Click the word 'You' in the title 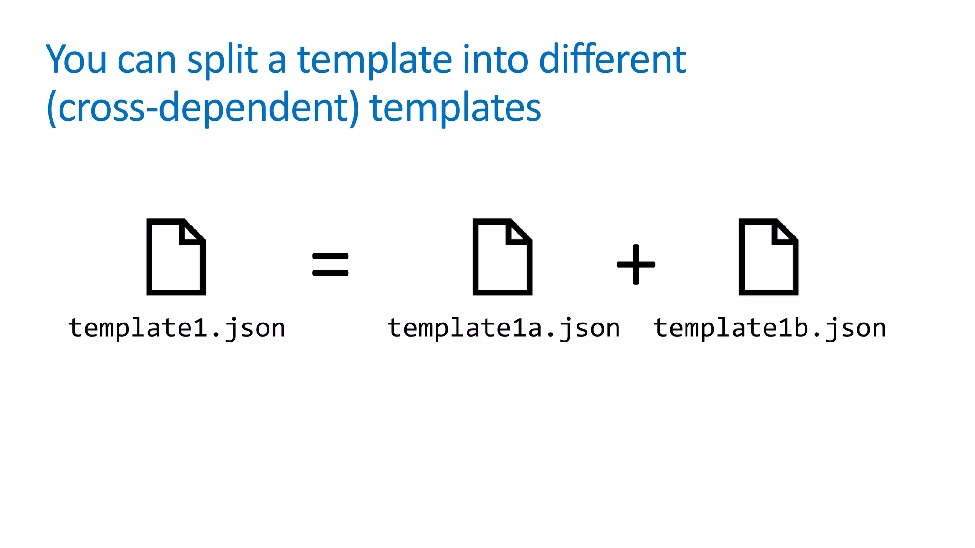(76, 59)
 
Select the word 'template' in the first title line (374, 60)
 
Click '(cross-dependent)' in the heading (203, 108)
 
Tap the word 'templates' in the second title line (455, 108)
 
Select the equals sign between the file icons (330, 264)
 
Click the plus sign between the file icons (636, 264)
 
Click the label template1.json (177, 328)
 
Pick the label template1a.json (504, 328)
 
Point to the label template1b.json (769, 328)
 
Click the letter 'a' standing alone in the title (277, 61)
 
